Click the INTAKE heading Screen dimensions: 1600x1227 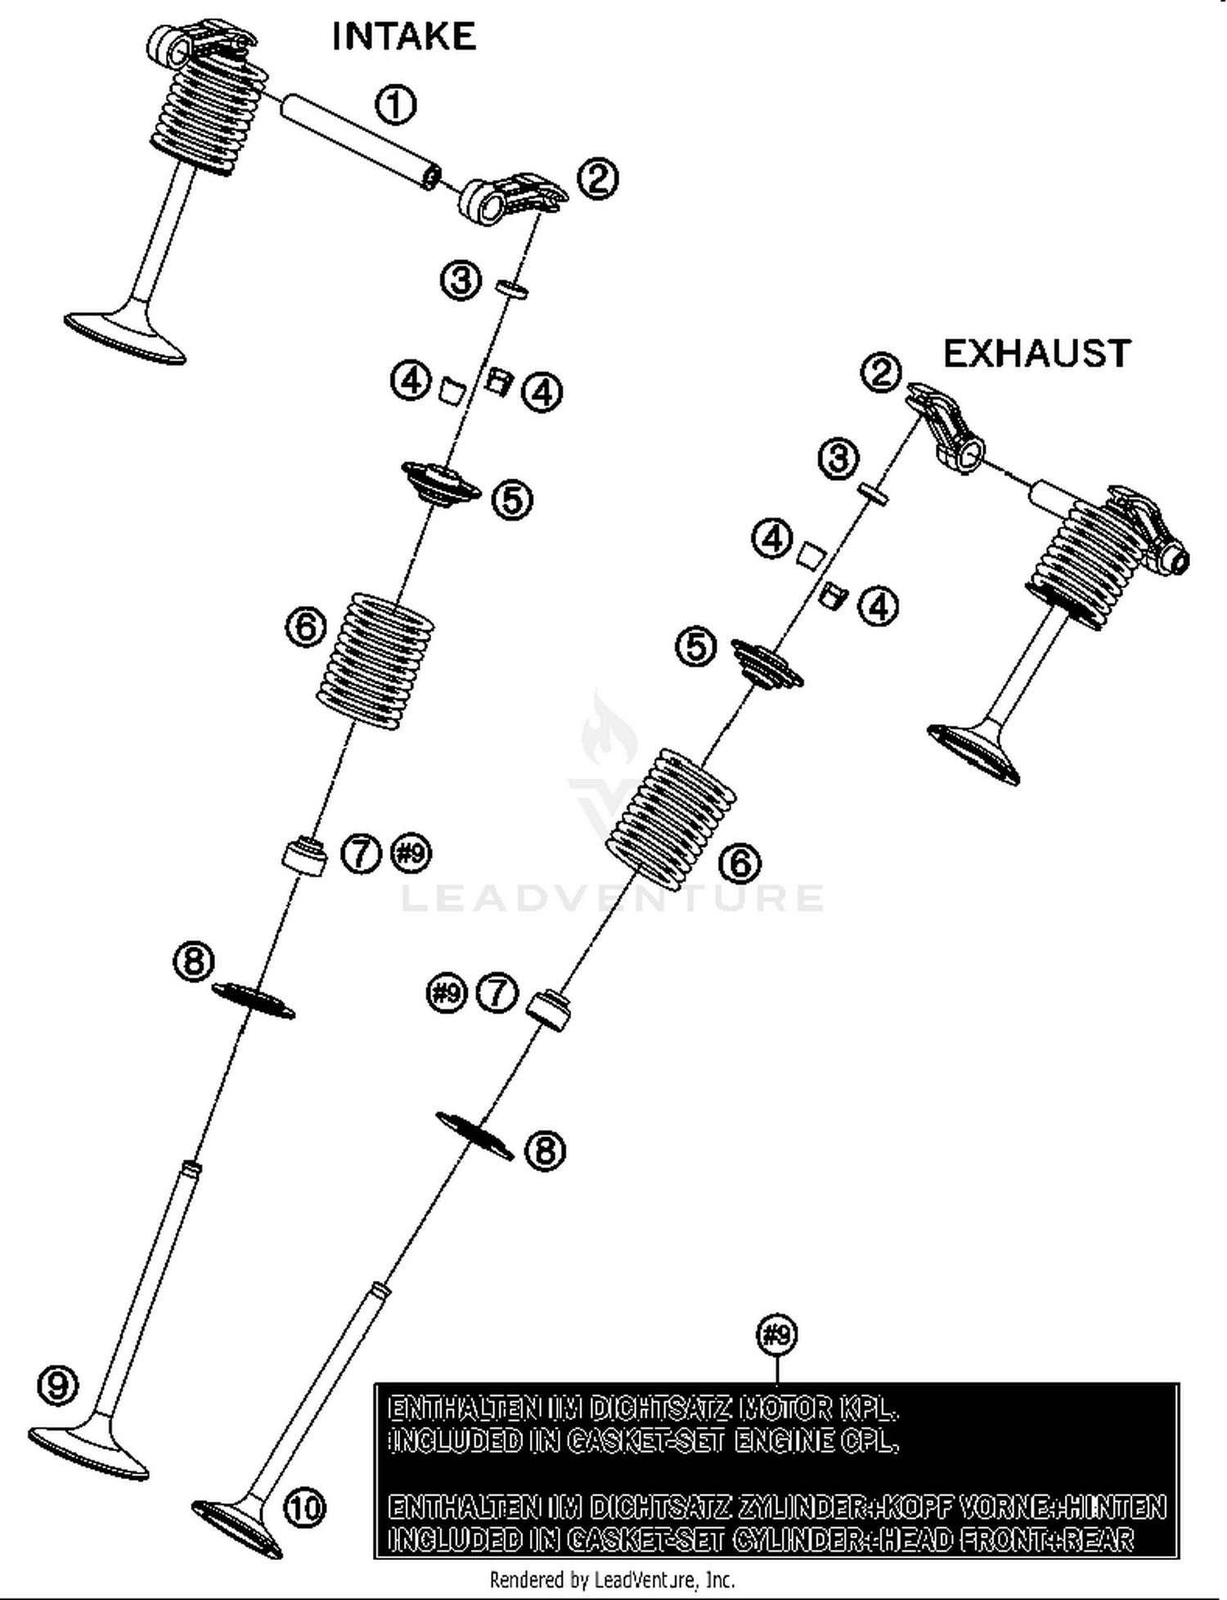tap(403, 37)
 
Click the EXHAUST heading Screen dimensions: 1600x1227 tap(1036, 353)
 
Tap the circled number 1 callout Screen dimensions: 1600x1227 tap(395, 105)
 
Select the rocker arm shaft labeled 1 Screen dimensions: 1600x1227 tap(360, 141)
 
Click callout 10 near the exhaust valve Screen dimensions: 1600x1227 tap(304, 1507)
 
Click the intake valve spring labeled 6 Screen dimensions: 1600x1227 tap(375, 660)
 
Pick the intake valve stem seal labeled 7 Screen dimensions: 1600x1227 tap(304, 856)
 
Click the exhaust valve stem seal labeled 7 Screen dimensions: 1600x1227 tap(547, 1009)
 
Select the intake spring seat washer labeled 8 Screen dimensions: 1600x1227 tap(253, 1000)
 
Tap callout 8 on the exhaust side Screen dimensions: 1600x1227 tap(545, 1151)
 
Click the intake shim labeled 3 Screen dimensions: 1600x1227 tap(512, 288)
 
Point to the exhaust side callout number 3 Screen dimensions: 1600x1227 tap(838, 459)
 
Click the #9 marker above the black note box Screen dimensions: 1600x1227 tap(776, 1335)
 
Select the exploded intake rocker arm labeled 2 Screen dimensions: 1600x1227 tap(510, 196)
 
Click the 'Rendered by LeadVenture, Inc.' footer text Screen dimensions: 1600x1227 tap(612, 1579)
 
